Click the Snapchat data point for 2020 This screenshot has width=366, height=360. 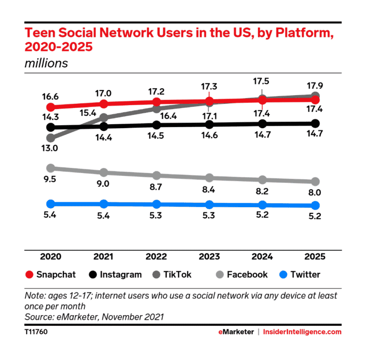tap(51, 107)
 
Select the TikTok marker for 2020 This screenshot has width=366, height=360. tap(51, 138)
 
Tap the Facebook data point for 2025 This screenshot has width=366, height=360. tap(315, 182)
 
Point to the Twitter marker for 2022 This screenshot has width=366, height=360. tap(156, 204)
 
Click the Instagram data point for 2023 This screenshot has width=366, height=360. tap(209, 124)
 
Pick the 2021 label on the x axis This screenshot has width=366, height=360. tap(103, 257)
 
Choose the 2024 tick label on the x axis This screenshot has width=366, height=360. tap(262, 257)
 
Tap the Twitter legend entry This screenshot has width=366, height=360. tap(299, 275)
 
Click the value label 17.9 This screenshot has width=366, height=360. tap(315, 86)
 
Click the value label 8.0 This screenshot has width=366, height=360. tap(315, 193)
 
